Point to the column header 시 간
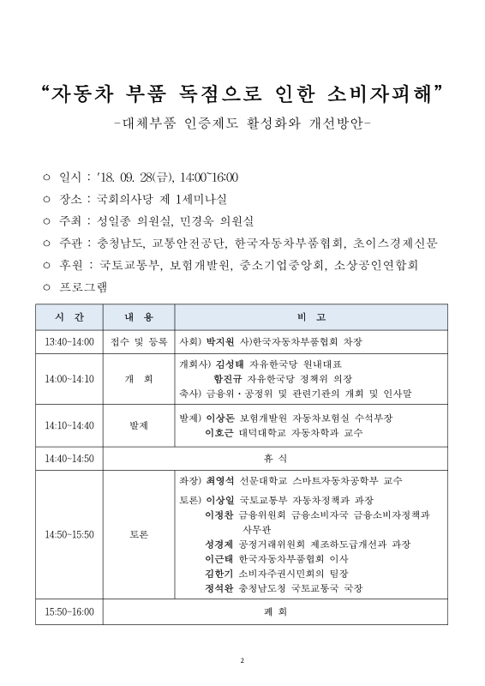click(x=69, y=316)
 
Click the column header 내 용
click(x=138, y=316)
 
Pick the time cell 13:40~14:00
click(x=69, y=341)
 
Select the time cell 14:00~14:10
click(x=69, y=378)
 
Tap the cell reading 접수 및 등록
click(x=139, y=341)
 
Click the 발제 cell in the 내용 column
click(x=138, y=424)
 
